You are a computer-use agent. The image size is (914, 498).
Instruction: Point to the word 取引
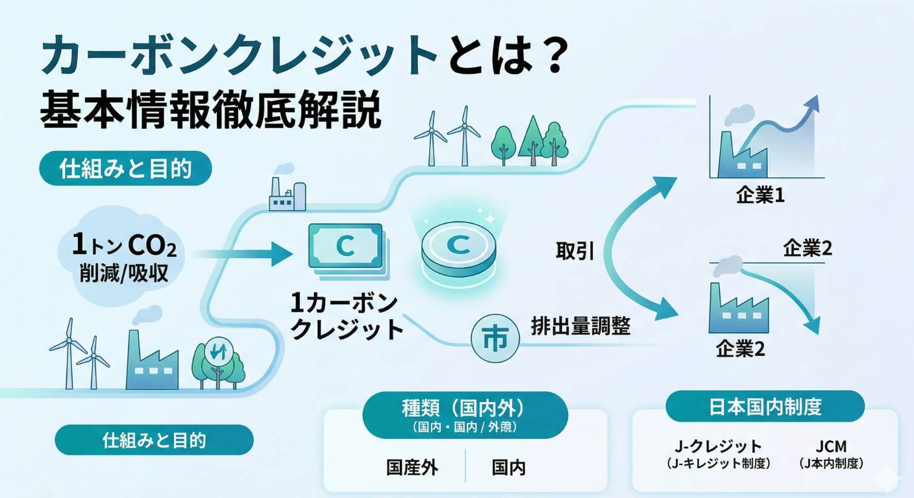pos(574,252)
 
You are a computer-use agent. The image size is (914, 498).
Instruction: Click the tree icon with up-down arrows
pos(217,353)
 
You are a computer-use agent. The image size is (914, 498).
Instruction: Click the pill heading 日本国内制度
pos(765,407)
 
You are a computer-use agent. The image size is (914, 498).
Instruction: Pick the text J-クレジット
pos(717,446)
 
